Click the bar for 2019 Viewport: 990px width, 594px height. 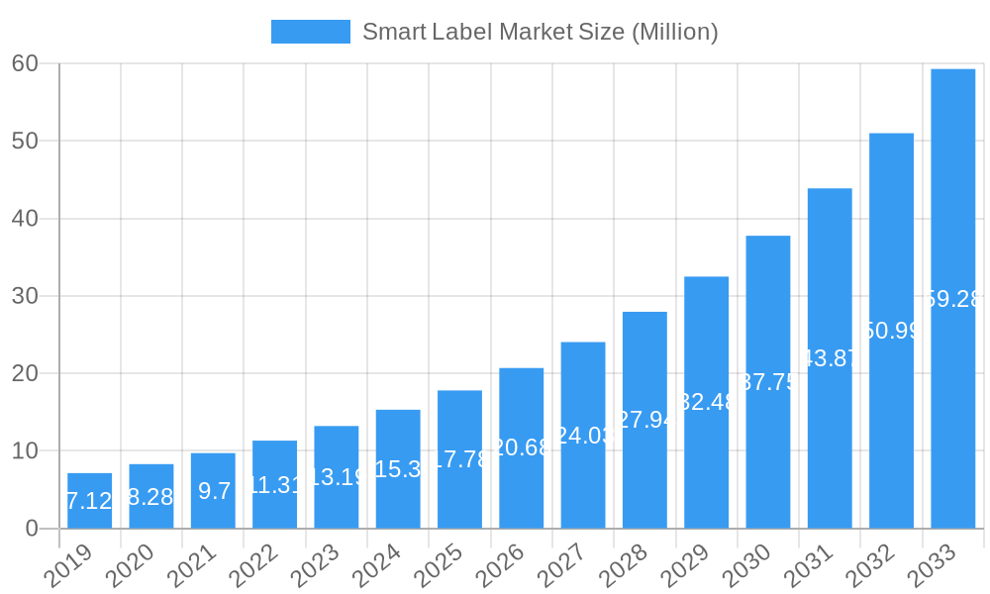click(x=90, y=501)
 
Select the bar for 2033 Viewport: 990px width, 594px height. click(x=952, y=298)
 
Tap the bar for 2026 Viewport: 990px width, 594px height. click(x=522, y=447)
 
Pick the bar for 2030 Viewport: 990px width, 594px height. click(x=768, y=381)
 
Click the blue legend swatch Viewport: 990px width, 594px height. click(x=310, y=32)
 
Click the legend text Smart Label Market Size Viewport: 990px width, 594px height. click(x=540, y=32)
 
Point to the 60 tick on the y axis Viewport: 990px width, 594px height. click(x=25, y=63)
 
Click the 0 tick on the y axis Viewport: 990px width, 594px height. click(x=32, y=529)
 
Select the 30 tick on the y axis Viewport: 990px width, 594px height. click(x=25, y=296)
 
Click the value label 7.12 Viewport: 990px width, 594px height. click(x=89, y=501)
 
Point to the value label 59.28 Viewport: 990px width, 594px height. click(x=952, y=299)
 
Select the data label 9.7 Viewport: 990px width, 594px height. click(x=214, y=490)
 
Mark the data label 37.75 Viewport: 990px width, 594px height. click(x=768, y=382)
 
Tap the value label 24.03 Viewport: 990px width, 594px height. click(x=583, y=436)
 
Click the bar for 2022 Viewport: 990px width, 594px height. click(x=275, y=484)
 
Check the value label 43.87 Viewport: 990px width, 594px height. click(x=830, y=358)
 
